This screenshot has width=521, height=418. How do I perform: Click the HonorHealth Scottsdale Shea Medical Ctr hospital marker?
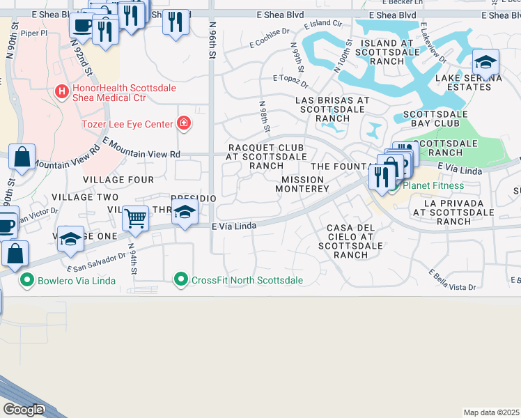pos(62,91)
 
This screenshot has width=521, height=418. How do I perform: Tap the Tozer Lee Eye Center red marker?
pos(184,124)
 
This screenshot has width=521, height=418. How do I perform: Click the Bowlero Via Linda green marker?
pos(28,281)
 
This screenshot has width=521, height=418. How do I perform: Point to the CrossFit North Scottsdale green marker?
pos(181,280)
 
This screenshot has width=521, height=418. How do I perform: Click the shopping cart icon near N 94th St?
pos(135,219)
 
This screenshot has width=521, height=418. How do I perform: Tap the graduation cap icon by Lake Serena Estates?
pos(485,63)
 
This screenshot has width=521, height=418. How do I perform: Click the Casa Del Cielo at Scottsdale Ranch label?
pos(350,241)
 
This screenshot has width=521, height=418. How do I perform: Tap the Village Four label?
pos(118,180)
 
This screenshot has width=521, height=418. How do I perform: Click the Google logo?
pos(22,410)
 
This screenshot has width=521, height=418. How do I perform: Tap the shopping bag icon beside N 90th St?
pos(22,158)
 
